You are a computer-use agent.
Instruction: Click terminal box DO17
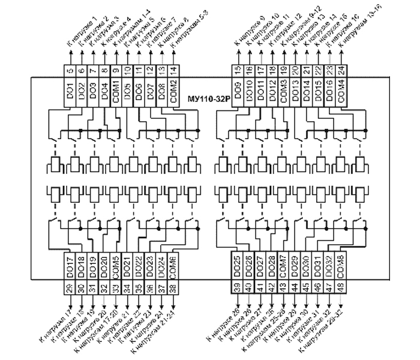tap(70, 268)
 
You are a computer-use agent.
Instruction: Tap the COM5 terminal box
tap(116, 268)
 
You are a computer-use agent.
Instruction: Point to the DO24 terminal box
tap(163, 268)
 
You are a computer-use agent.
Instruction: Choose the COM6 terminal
tap(174, 268)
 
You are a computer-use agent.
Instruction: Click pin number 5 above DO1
tap(70, 71)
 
